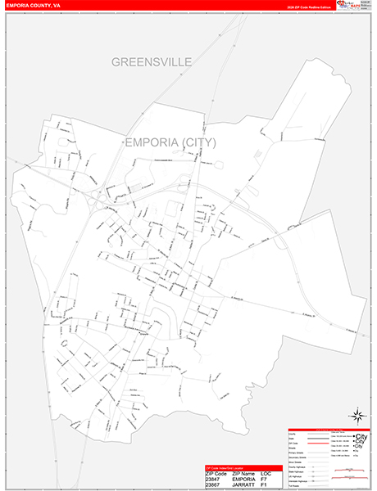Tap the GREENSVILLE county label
151,62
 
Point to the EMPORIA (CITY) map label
170,142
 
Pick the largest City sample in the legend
361,435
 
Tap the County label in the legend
291,435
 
